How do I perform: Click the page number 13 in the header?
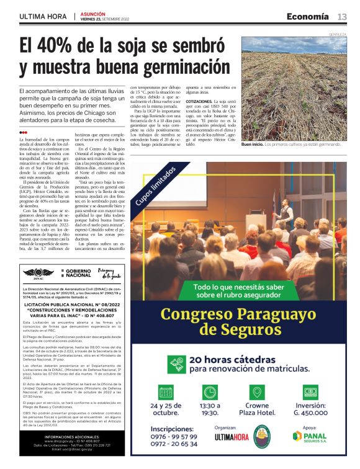click(x=342, y=16)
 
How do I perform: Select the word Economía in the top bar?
click(x=308, y=16)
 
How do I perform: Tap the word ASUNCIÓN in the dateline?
click(x=92, y=13)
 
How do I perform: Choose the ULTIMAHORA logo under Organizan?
click(x=231, y=437)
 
